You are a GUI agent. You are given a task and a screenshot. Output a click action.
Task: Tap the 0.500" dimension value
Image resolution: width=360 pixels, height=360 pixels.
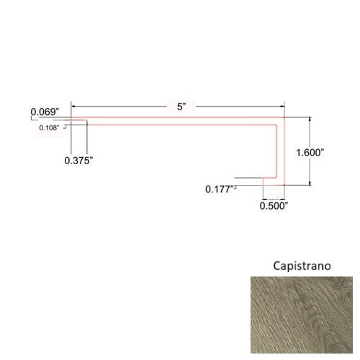tap(274, 205)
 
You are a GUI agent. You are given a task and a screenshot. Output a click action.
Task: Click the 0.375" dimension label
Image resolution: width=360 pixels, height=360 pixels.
tap(78, 161)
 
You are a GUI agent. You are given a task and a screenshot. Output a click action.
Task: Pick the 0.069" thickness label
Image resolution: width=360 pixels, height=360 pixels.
tap(45, 112)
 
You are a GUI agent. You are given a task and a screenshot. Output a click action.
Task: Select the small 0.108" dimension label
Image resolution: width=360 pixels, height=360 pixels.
tap(50, 128)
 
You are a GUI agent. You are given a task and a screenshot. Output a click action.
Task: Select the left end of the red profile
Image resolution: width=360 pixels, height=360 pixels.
tap(71, 120)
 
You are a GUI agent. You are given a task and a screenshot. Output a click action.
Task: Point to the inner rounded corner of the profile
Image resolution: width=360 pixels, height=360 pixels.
tap(275, 126)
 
